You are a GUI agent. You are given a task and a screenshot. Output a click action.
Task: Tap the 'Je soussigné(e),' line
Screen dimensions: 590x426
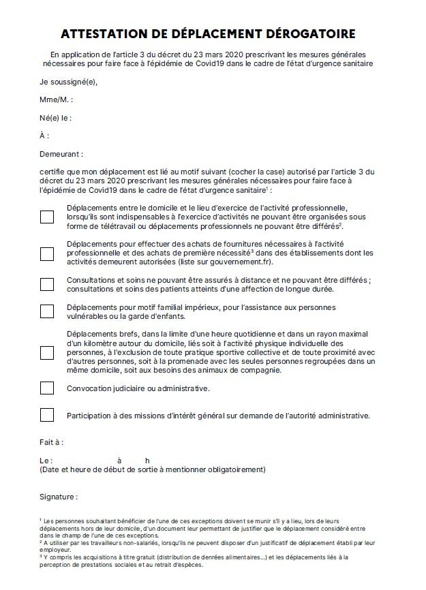pyautogui.click(x=69, y=82)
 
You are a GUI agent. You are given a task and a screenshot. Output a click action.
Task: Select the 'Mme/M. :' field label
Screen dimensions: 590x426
pyautogui.click(x=57, y=100)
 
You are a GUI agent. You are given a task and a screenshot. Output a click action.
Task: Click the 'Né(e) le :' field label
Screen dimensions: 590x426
pyautogui.click(x=56, y=118)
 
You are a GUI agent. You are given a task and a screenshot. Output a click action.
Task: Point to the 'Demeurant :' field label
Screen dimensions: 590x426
pyautogui.click(x=61, y=154)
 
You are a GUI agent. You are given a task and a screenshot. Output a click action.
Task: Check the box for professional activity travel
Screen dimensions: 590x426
pyautogui.click(x=47, y=217)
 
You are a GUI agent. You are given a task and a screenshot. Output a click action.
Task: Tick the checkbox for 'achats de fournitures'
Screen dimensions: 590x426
pyautogui.click(x=47, y=253)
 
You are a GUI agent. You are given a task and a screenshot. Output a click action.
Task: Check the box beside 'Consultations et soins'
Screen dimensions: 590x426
pyautogui.click(x=47, y=284)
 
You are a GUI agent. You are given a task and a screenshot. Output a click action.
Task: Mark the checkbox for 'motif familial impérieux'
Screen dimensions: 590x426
pyautogui.click(x=47, y=311)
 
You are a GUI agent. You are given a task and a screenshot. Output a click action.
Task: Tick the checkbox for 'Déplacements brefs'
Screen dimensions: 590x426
pyautogui.click(x=47, y=353)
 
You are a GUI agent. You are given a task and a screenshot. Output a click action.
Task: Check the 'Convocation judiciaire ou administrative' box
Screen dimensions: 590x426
pyautogui.click(x=47, y=388)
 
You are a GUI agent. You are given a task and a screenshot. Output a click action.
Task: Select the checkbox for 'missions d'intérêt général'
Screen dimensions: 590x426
pyautogui.click(x=47, y=415)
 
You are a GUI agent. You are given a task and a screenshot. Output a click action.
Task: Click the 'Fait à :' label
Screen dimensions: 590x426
pyautogui.click(x=52, y=442)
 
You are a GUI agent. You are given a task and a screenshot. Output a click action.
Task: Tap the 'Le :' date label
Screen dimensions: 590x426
pyautogui.click(x=46, y=461)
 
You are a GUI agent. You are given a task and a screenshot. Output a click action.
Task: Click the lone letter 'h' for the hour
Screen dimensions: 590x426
pyautogui.click(x=147, y=461)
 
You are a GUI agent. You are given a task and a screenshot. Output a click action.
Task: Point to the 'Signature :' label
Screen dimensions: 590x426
pyautogui.click(x=59, y=497)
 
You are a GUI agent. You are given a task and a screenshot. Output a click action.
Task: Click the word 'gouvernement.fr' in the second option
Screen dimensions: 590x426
pyautogui.click(x=241, y=262)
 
